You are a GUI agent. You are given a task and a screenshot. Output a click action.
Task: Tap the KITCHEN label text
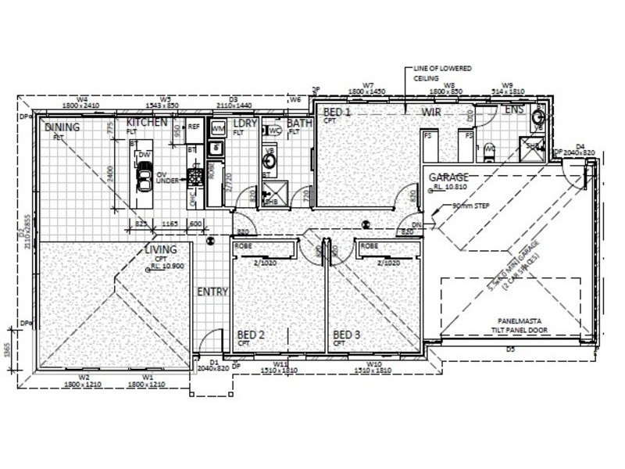[147, 123]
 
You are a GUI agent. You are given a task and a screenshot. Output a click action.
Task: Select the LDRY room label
[245, 124]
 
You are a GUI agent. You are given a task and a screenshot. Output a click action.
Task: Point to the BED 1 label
[337, 113]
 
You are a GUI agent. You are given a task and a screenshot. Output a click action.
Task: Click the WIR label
[432, 113]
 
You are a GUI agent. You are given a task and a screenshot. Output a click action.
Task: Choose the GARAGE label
[448, 177]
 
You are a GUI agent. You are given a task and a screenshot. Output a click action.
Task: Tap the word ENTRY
[212, 292]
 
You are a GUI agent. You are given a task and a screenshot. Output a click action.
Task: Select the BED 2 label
[251, 335]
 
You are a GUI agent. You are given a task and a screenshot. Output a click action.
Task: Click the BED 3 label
[348, 335]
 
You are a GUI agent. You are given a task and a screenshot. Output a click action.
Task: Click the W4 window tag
[83, 98]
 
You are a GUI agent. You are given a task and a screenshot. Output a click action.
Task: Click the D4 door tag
[580, 146]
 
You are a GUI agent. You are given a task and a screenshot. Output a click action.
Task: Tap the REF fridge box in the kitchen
[195, 127]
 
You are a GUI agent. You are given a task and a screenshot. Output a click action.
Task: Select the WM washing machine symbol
[218, 127]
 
